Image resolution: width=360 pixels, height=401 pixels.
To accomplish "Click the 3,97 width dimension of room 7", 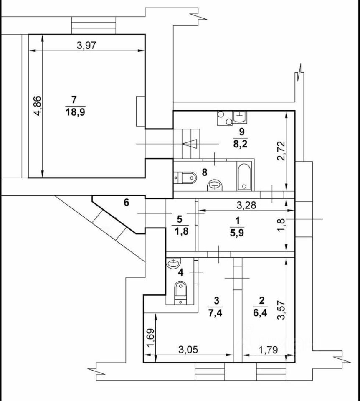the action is tap(87, 46).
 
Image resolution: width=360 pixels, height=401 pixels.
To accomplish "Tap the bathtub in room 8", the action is tap(243, 177).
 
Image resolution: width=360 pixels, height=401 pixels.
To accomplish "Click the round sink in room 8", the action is tap(215, 184).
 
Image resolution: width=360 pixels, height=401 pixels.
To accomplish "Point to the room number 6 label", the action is tap(127, 203).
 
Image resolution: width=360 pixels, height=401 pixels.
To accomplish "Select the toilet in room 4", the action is tap(180, 290).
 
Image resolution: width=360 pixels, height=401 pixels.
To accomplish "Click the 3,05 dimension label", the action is tap(188, 350).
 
